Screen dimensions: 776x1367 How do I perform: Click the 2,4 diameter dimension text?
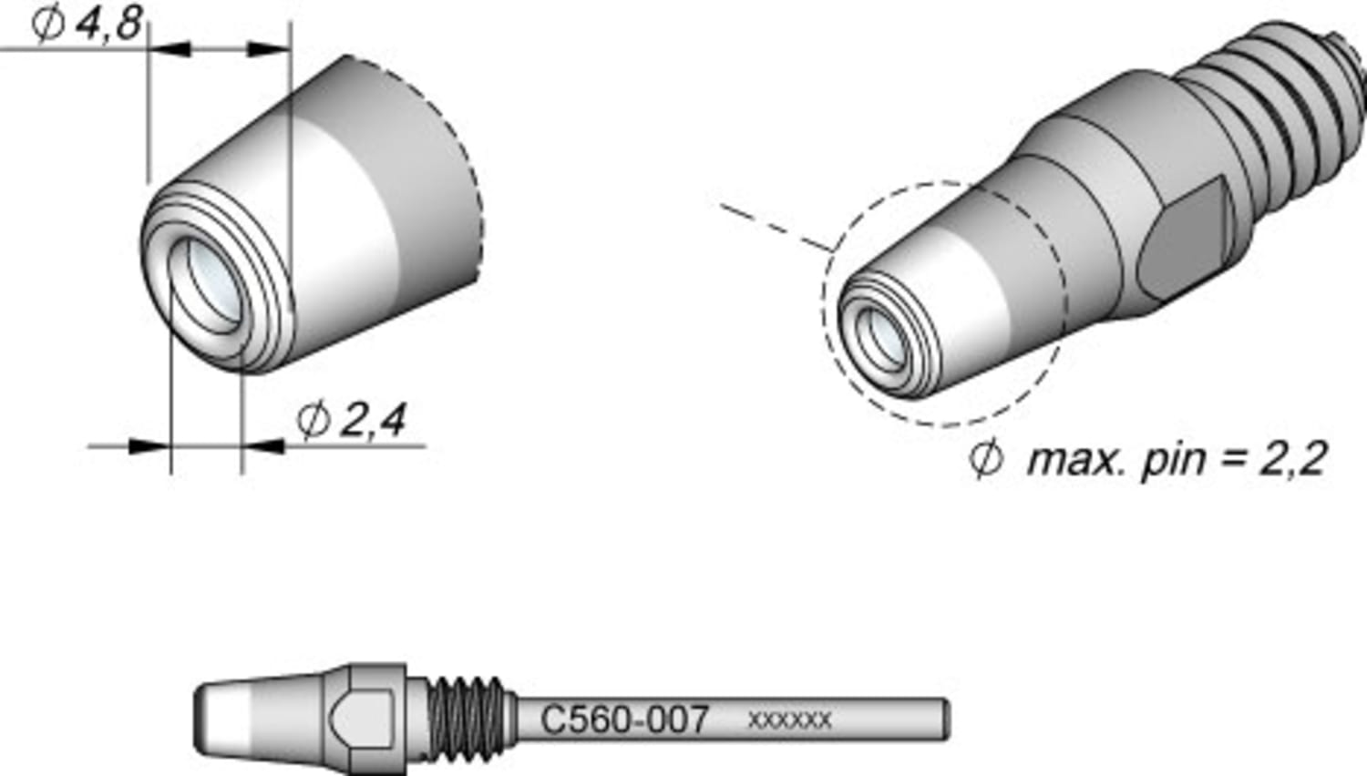tap(373, 420)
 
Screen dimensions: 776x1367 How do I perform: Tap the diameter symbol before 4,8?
tap(47, 23)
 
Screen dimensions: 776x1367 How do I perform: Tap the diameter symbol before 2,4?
tap(313, 420)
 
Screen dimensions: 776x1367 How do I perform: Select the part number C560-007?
tap(624, 720)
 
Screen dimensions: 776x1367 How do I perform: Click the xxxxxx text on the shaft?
tap(789, 720)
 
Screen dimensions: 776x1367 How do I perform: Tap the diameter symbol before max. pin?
tap(985, 459)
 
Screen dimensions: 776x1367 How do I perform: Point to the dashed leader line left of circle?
tap(775, 227)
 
